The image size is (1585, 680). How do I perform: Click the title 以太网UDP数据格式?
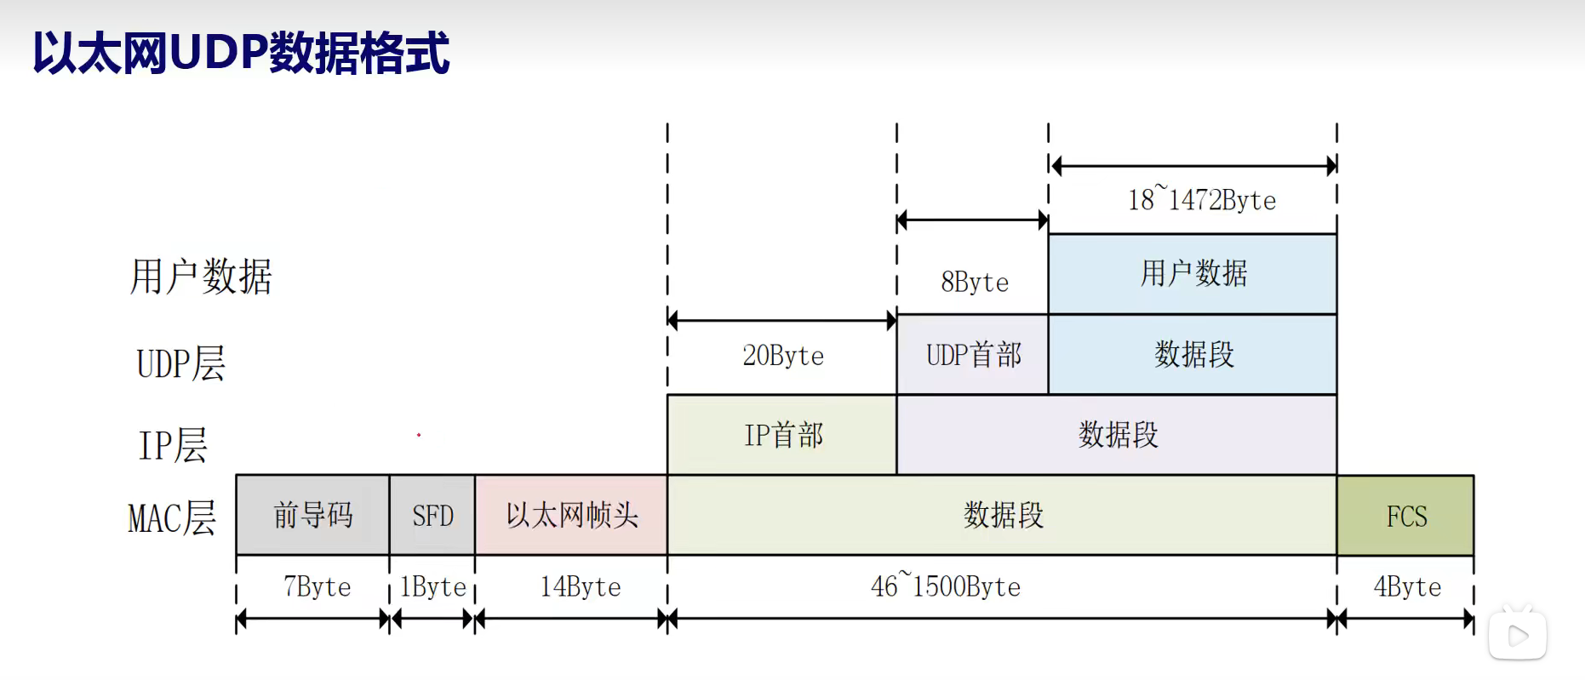click(x=241, y=53)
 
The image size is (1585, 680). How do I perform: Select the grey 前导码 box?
click(x=312, y=515)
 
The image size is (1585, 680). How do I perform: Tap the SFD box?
click(x=432, y=515)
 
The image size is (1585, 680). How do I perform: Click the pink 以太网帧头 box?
click(x=571, y=515)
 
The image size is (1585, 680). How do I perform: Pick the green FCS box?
click(x=1405, y=516)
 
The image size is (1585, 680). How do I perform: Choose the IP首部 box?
click(x=782, y=435)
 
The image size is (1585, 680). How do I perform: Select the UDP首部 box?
click(x=973, y=355)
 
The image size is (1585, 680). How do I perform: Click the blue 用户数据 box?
click(x=1193, y=274)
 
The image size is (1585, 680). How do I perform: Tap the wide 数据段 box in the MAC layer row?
click(x=1003, y=515)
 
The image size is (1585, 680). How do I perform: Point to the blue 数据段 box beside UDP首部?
click(x=1193, y=355)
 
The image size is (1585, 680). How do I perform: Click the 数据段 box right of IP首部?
click(x=1117, y=435)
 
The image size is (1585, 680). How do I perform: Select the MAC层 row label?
click(x=172, y=517)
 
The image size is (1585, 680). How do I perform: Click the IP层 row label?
click(x=173, y=444)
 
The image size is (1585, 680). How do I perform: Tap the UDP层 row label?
click(x=180, y=363)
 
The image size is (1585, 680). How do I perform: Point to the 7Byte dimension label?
click(x=317, y=586)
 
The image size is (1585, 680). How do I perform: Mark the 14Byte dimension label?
click(x=581, y=586)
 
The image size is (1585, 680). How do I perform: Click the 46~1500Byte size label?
click(x=945, y=586)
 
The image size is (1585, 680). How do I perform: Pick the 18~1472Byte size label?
click(x=1201, y=200)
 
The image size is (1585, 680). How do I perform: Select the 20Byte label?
click(x=782, y=355)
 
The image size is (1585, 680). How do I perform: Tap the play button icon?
click(x=1517, y=635)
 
